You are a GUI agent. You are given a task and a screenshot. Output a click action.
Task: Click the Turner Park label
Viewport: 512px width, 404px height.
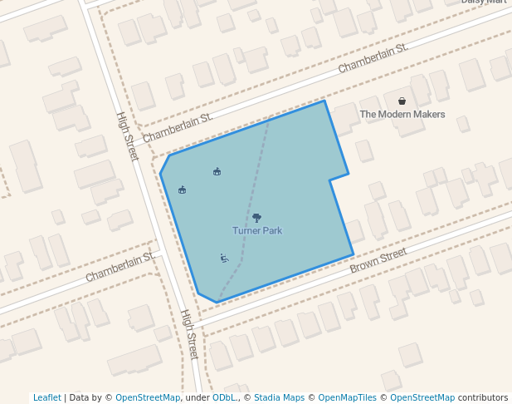coord(257,230)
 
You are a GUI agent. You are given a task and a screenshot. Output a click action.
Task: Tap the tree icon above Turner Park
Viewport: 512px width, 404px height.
coord(256,218)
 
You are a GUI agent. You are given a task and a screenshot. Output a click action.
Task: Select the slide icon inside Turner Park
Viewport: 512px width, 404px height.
coord(224,259)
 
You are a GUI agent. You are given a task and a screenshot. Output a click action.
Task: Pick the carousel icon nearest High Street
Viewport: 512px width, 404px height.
coord(183,190)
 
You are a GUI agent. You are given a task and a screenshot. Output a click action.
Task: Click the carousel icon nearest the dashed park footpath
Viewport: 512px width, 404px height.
coord(217,172)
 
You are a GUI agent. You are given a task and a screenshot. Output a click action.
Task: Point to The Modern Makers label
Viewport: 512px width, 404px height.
coord(402,115)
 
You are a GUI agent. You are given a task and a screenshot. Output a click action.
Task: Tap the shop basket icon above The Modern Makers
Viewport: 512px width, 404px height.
coord(402,101)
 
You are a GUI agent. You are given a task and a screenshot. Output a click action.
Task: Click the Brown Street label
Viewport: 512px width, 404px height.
coord(378,260)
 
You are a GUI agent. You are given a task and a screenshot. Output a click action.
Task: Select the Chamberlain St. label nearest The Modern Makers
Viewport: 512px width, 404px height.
coord(373,58)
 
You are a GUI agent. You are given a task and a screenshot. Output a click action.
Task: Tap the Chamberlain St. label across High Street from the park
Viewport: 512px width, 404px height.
coord(120,267)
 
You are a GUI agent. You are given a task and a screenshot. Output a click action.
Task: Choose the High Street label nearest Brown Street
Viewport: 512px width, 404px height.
coord(189,334)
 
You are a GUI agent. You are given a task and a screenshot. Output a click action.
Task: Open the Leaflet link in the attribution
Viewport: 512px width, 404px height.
coord(46,397)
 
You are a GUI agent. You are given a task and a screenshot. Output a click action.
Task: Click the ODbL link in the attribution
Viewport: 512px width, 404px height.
coord(224,397)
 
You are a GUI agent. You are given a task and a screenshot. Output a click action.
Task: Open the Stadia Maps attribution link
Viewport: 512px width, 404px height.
coord(279,397)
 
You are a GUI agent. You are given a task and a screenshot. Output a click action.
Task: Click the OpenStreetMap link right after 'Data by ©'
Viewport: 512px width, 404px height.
coord(148,397)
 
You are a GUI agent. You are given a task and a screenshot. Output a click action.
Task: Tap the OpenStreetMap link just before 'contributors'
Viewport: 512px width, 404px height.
coord(422,397)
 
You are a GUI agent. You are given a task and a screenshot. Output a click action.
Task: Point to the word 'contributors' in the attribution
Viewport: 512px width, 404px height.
coord(483,397)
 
